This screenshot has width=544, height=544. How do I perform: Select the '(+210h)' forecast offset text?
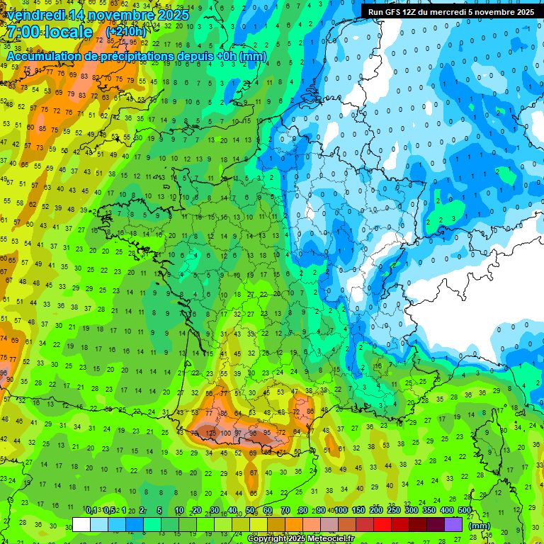tap(125, 32)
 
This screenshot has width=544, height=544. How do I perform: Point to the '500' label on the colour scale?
tap(464, 511)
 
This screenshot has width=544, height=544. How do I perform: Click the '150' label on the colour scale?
tap(358, 511)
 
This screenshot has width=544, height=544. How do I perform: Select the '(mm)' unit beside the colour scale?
tap(480, 526)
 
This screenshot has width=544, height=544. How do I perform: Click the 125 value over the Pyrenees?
tap(210, 432)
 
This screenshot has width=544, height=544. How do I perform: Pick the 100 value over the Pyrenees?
tap(227, 433)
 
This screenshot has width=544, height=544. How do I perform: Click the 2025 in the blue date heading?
tap(173, 15)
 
